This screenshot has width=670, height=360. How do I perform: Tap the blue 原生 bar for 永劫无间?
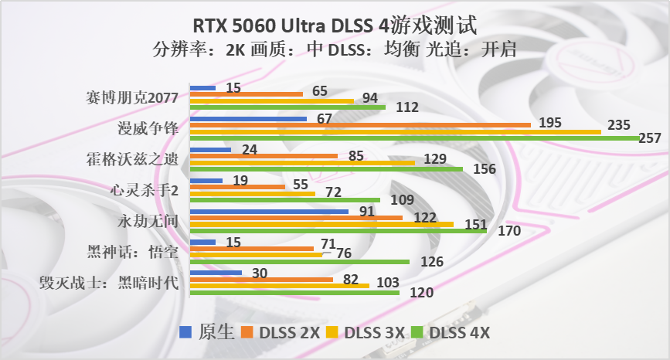[269, 211]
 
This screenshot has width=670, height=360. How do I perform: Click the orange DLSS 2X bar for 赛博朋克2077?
[246, 93]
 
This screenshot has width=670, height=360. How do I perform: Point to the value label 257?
[651, 138]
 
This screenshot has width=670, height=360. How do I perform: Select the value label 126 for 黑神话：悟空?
[432, 262]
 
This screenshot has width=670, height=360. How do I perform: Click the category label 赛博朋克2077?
[133, 98]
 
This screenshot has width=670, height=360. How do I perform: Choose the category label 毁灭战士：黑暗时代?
[109, 284]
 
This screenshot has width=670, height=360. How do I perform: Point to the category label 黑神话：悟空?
[133, 253]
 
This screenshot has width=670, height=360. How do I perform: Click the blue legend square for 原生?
[186, 332]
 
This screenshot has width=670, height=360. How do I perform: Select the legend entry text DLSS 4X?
[460, 333]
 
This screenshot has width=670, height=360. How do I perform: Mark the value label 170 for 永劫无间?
[509, 231]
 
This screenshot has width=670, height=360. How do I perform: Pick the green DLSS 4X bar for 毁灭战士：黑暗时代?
[294, 292]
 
